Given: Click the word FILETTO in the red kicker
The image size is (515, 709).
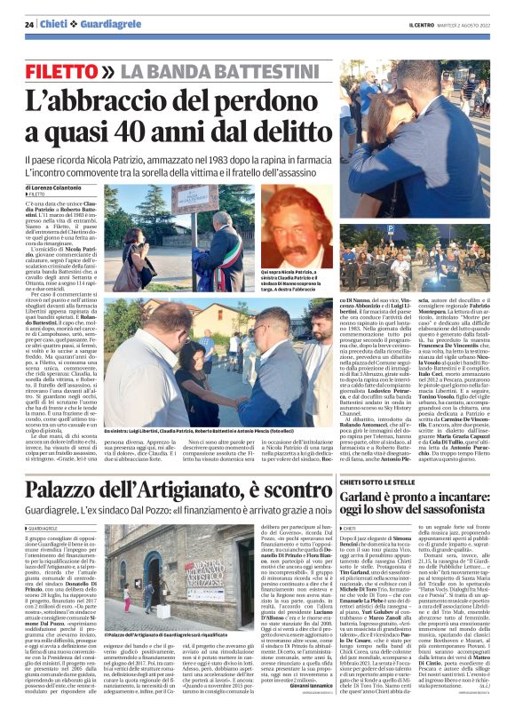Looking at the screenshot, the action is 61,68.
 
